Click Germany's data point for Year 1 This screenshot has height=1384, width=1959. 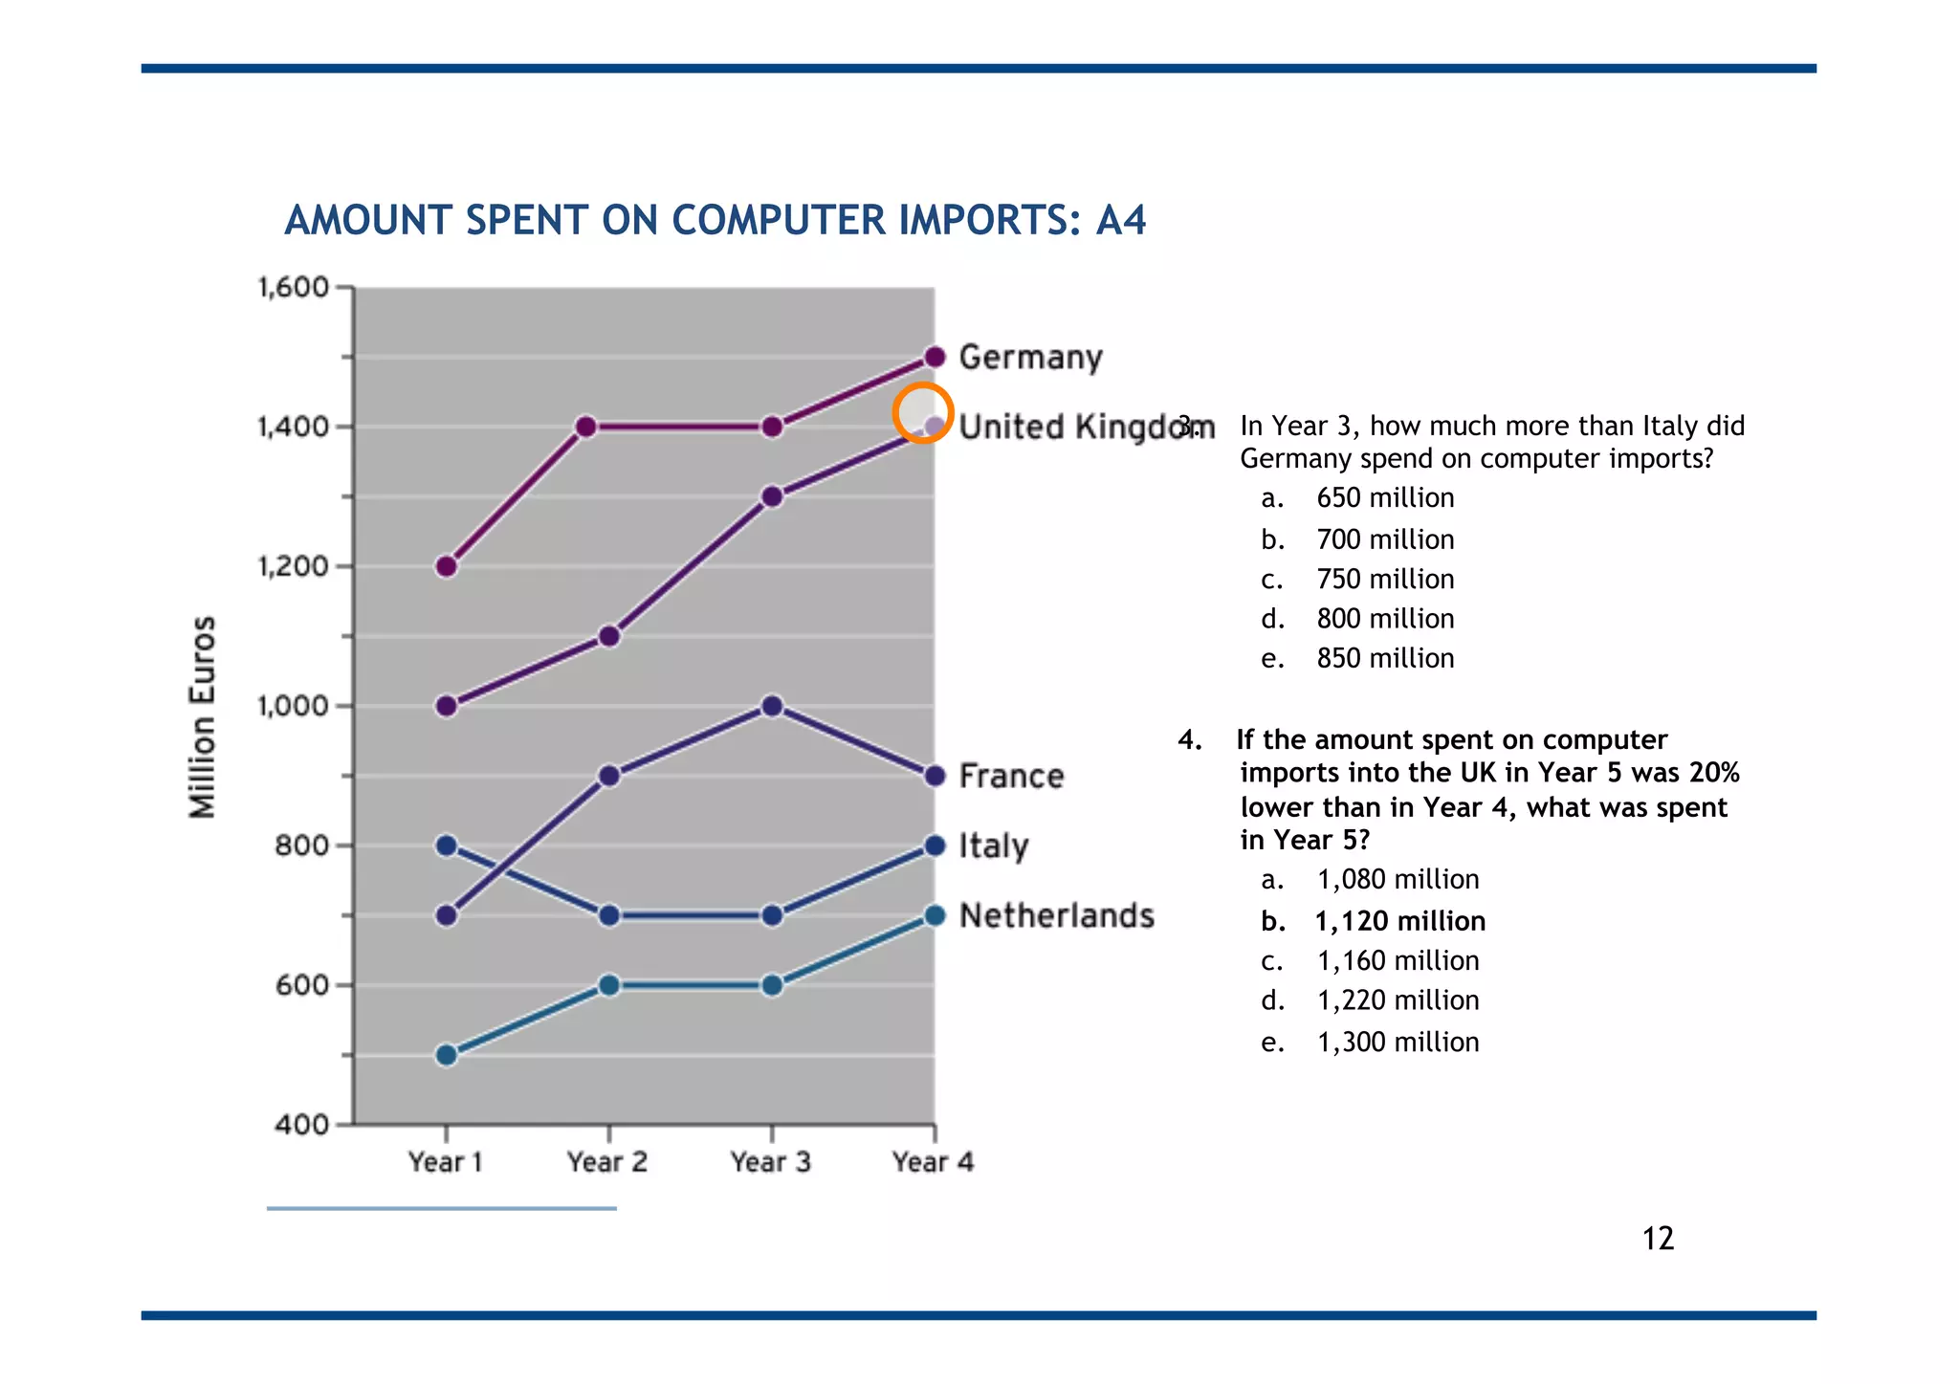click(446, 566)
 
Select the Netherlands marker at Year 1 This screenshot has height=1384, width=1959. click(446, 1055)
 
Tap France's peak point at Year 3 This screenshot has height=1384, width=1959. click(772, 706)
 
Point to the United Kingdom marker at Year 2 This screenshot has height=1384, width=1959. click(609, 636)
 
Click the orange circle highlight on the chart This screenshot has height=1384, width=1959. click(923, 413)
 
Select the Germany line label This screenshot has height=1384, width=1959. click(1030, 358)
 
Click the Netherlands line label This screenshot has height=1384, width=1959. click(1056, 915)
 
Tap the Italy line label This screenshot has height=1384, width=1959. click(993, 846)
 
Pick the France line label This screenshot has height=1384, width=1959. click(1011, 776)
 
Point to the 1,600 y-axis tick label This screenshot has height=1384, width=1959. click(293, 287)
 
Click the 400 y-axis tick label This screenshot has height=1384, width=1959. click(301, 1125)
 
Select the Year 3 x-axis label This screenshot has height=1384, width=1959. click(770, 1162)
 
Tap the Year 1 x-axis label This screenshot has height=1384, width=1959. click(445, 1162)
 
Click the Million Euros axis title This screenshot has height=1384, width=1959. click(203, 717)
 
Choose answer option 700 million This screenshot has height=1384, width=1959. click(1384, 539)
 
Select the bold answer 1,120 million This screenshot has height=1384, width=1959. click(1399, 921)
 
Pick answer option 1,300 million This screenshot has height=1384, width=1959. click(1397, 1042)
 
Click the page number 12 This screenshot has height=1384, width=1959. click(1658, 1239)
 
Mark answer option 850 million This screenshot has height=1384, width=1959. click(1384, 658)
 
